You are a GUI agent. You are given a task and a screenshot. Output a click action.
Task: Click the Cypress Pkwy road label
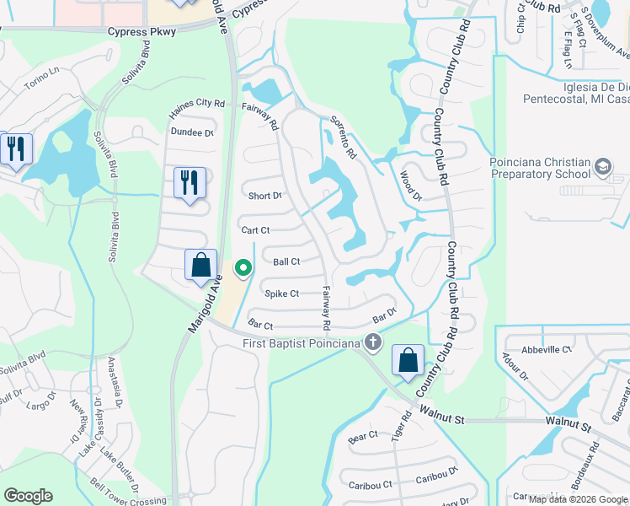[141, 31]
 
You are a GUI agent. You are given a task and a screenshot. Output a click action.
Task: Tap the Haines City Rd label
[197, 104]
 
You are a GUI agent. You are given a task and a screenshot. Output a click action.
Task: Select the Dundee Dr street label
[192, 132]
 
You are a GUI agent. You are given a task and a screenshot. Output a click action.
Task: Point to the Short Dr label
[264, 196]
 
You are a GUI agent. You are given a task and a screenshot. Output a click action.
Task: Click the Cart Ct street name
[255, 230]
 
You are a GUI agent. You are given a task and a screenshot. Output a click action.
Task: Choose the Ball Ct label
[286, 262]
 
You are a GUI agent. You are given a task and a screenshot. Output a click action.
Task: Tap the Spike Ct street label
[282, 293]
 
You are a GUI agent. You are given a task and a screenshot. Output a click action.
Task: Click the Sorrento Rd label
[343, 137]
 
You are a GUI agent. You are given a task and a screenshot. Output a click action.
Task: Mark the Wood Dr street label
[409, 186]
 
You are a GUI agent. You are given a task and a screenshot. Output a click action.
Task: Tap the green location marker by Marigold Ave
[243, 268]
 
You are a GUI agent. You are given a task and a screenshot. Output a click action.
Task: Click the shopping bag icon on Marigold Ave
[201, 265]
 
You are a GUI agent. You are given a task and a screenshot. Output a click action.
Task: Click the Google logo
[28, 496]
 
